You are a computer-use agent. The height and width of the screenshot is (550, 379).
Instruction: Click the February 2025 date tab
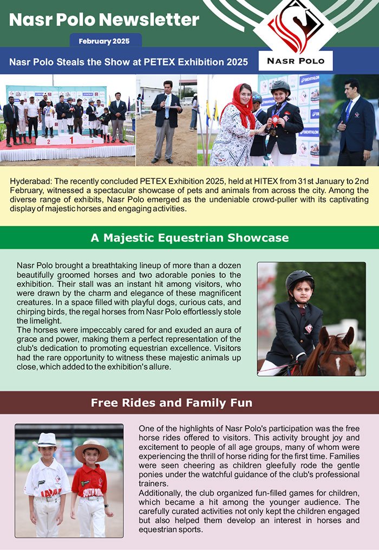point(106,41)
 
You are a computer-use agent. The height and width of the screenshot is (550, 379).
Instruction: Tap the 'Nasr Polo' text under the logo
point(296,61)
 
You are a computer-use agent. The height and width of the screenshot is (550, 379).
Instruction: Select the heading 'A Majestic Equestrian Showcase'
point(190,238)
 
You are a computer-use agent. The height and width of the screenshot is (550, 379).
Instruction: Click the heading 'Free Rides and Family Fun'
point(171,403)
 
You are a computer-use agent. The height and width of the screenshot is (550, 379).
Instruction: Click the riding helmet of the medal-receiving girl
point(280,86)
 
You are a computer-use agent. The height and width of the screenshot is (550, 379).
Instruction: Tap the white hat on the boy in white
point(47,439)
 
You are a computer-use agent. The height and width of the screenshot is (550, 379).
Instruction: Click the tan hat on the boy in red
point(92,448)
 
